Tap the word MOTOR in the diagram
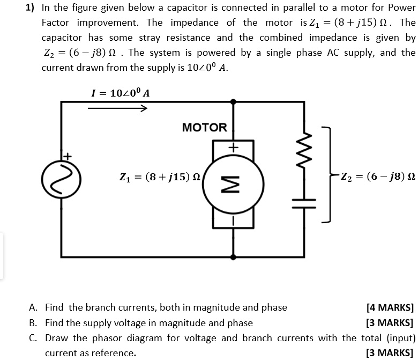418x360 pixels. tap(204, 128)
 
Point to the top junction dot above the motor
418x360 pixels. tap(233, 101)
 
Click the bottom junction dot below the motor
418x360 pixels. tap(233, 256)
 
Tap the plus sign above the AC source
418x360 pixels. tap(67, 156)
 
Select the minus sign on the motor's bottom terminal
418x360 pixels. tap(233, 220)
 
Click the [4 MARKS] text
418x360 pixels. tap(390, 308)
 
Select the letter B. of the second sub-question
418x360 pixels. tap(33, 323)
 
